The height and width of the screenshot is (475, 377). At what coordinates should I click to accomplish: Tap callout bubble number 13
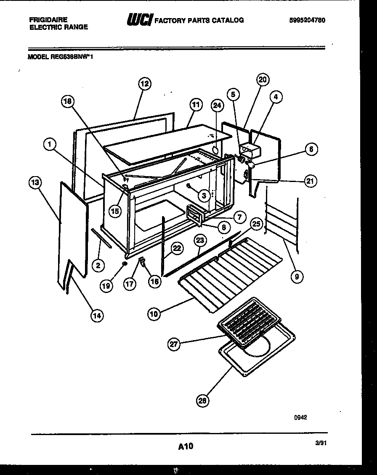coord(35,183)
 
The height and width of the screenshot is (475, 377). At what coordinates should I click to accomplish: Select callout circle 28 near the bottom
coord(202,401)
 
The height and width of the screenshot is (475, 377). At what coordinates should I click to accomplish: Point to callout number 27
coord(174,344)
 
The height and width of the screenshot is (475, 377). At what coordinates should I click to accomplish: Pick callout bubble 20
coord(263,80)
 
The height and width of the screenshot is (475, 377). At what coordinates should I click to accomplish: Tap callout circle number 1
coord(50,145)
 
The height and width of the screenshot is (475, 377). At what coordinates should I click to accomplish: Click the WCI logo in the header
coord(139,19)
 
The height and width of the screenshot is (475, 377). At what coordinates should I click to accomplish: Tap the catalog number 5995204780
coord(307,20)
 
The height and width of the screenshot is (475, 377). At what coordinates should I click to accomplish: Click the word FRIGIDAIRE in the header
coord(48,20)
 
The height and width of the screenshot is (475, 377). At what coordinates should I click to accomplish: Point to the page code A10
coord(186,446)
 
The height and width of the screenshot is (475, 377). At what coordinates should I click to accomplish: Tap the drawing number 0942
coord(300,417)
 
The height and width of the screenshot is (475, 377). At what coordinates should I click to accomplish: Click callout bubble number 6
coord(311,149)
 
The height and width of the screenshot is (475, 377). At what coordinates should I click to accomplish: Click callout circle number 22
coord(177,248)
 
